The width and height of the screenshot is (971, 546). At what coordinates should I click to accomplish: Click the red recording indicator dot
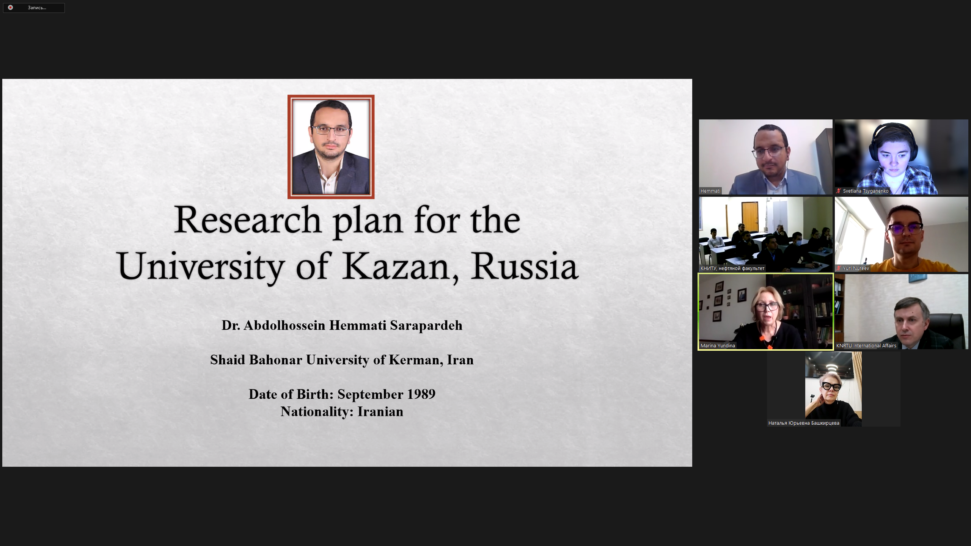tap(10, 8)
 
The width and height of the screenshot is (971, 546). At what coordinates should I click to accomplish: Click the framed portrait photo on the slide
tap(331, 147)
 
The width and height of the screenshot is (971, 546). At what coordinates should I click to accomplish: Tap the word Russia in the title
tap(525, 265)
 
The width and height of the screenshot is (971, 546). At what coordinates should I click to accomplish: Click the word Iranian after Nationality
tap(380, 412)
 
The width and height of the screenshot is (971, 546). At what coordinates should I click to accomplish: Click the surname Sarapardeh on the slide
tap(426, 326)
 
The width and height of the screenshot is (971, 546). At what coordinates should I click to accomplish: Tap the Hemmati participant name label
tap(710, 191)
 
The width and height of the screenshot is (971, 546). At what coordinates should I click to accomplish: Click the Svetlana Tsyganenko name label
tap(866, 191)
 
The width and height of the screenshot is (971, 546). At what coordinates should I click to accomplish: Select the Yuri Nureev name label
tap(856, 268)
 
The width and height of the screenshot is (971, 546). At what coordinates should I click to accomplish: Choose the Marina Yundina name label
tap(718, 346)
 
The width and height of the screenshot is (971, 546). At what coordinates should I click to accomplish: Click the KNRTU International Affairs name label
tap(866, 346)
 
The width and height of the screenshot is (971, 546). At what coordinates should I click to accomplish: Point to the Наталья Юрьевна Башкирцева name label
tap(804, 423)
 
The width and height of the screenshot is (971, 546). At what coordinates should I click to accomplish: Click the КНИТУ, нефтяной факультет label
tap(732, 268)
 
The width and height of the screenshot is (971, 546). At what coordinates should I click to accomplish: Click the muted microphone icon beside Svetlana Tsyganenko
tap(839, 191)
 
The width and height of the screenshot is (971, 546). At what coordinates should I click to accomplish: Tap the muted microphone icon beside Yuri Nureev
tap(839, 268)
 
